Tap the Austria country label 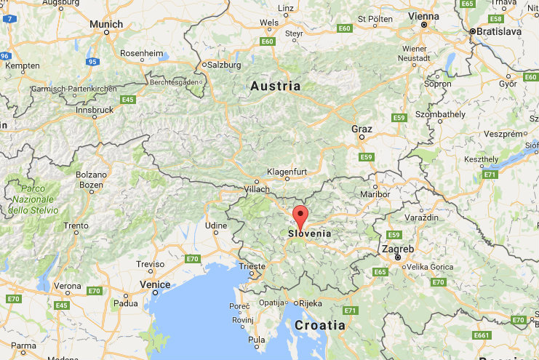point(275,86)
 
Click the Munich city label point(106,24)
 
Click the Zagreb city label point(397,249)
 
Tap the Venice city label point(155,284)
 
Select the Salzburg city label point(224,65)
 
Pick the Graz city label point(362,129)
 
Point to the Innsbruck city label point(95,110)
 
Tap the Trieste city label point(252,265)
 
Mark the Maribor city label point(375,194)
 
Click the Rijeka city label point(312,303)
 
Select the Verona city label point(68,286)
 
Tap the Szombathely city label point(439,115)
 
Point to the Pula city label point(257,339)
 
